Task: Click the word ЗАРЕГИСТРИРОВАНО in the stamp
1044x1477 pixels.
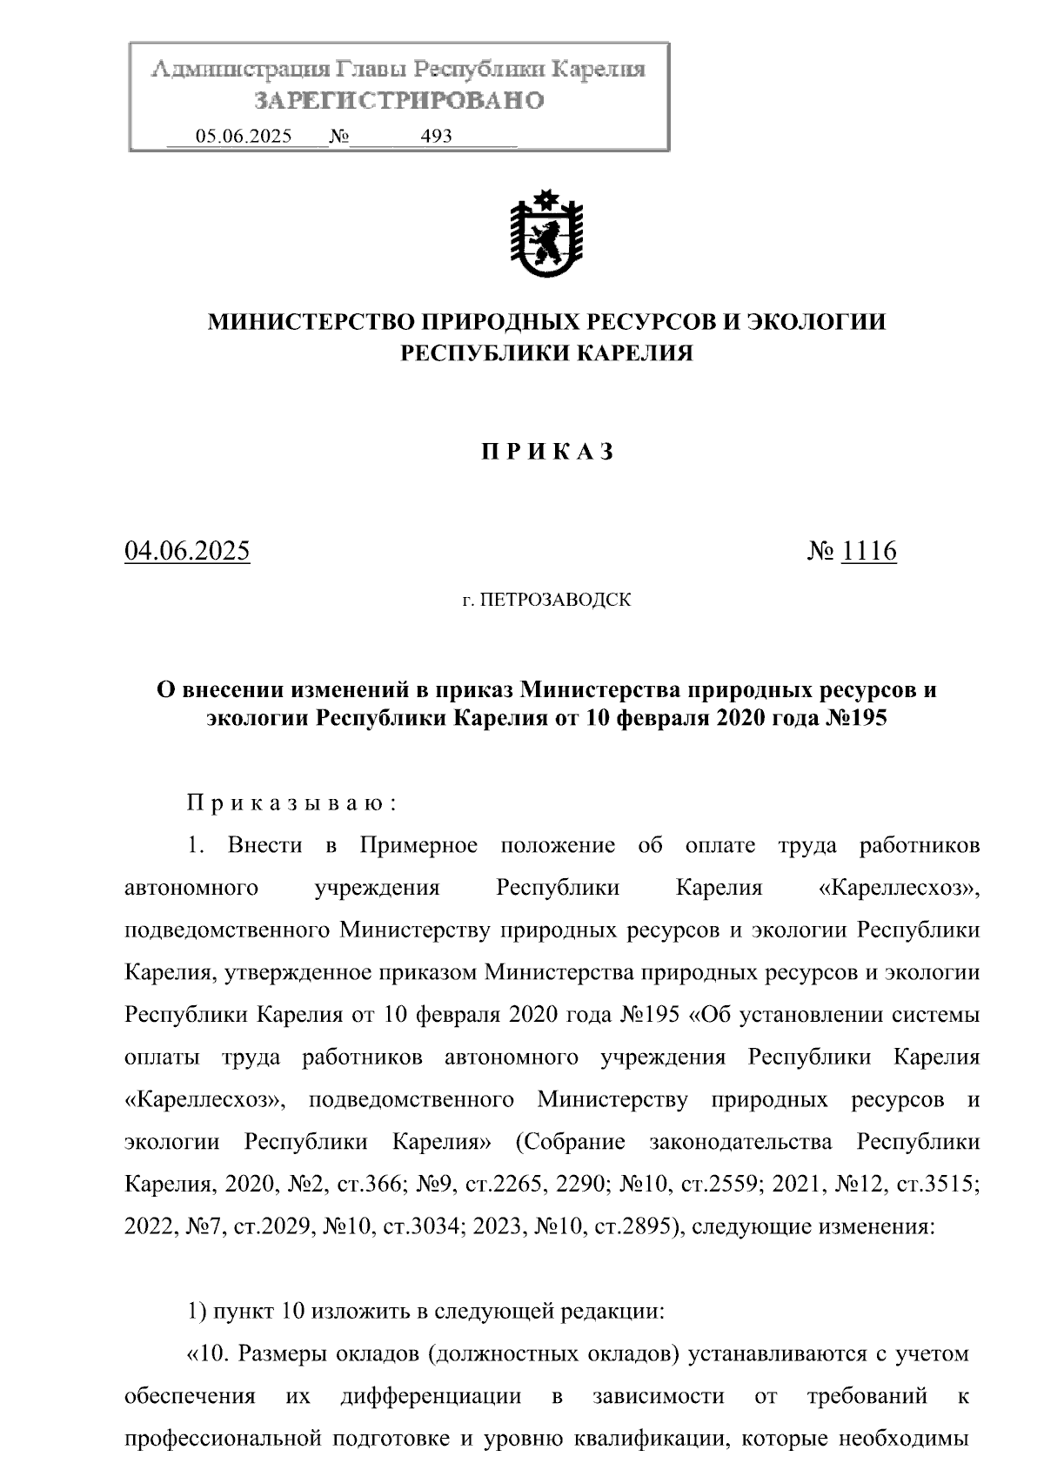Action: tap(398, 101)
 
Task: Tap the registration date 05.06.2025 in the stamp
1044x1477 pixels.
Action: tap(244, 137)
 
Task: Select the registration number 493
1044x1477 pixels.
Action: tap(436, 137)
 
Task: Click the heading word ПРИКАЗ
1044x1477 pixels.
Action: tap(546, 452)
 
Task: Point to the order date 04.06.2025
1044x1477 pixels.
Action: tap(187, 551)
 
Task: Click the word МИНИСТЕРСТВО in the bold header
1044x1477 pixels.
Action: tap(311, 322)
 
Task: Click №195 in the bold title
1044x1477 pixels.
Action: tap(854, 718)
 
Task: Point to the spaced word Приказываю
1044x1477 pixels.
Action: tap(291, 802)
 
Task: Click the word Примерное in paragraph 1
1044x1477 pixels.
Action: tap(418, 845)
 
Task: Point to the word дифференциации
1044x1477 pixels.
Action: tap(431, 1397)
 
